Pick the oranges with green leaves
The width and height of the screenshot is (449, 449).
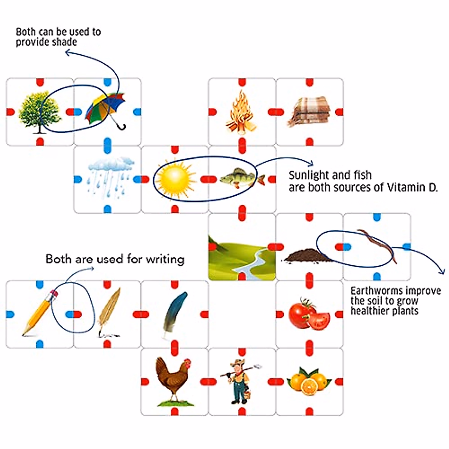point(309,380)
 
